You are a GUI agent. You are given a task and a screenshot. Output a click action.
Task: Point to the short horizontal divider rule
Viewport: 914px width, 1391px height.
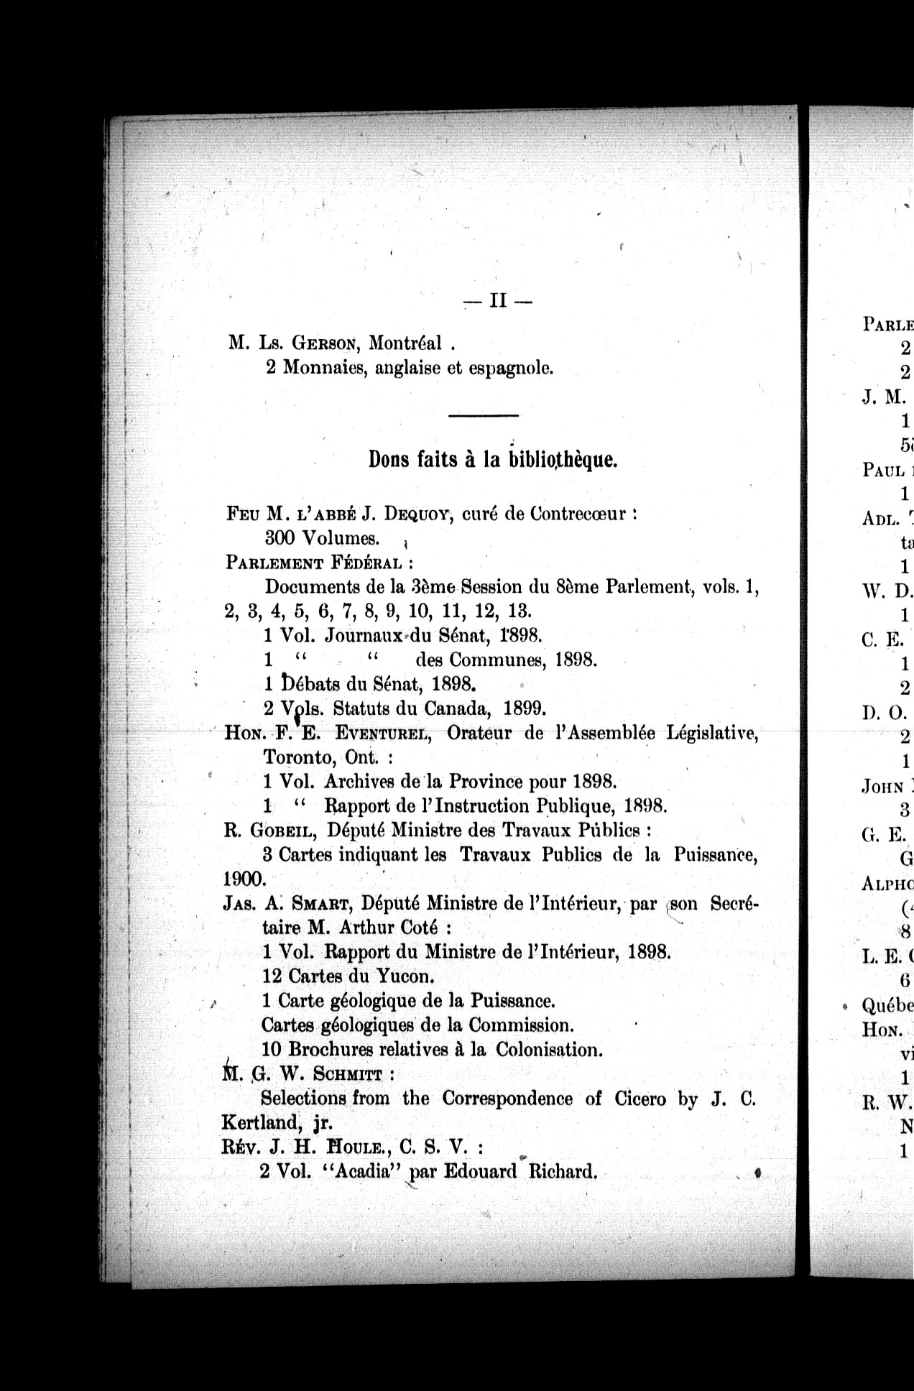(483, 416)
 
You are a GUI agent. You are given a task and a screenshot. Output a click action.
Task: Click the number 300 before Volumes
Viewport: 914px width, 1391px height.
(280, 538)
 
